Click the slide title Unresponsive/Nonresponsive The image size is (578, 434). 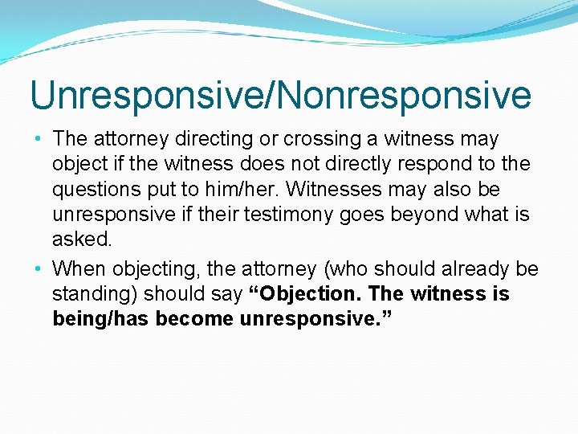tap(280, 95)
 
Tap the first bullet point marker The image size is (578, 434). tap(39, 139)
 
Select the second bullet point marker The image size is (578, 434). tap(39, 268)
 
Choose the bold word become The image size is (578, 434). tap(195, 319)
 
